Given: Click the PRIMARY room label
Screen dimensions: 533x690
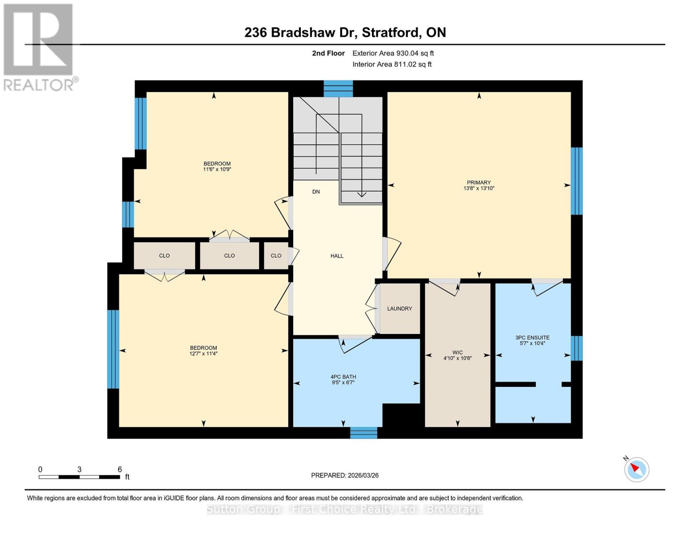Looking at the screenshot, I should pos(479,183).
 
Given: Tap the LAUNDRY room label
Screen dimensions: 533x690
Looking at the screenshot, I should pos(399,309).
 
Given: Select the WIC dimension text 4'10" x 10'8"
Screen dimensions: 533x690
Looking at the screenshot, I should pos(457,358).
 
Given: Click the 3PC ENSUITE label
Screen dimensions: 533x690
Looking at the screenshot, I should pos(532,338).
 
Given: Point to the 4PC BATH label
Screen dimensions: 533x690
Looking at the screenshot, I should pos(343,377).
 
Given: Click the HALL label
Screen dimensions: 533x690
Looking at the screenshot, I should pos(337,256).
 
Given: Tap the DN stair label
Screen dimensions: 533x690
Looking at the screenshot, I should pos(316,192).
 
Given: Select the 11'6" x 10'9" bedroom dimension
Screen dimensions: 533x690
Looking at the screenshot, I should pos(217,169).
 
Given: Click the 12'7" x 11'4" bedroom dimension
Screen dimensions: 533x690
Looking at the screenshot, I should pos(203,354).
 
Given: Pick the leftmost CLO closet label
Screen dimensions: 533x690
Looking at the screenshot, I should pos(164,256).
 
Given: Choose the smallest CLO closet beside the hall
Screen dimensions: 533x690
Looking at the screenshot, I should pos(276,256).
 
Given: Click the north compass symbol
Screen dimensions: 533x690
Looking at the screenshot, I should pos(636,469).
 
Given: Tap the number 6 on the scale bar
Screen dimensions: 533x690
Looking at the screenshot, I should pos(120,469).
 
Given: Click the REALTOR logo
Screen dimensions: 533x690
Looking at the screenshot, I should pos(39,47).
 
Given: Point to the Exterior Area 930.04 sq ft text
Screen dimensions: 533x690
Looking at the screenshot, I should pos(393,53).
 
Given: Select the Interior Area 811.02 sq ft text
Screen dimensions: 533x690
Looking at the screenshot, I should pos(392,64).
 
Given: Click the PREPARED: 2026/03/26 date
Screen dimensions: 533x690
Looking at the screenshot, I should pos(345,475).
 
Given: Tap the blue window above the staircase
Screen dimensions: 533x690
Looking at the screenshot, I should pos(338,89).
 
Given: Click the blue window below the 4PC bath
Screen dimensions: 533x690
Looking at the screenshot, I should pos(363,433).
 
